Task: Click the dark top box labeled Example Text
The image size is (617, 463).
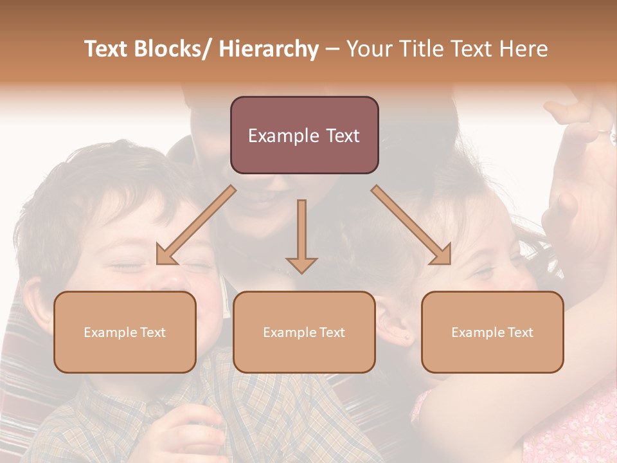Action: coord(304,135)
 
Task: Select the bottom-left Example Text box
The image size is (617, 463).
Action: coord(125,332)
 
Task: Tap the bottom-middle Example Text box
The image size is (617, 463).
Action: coord(304,332)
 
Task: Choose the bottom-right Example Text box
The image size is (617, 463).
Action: coord(492,332)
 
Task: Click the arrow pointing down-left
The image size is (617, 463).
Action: coord(196,225)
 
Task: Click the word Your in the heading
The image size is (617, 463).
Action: coord(369,49)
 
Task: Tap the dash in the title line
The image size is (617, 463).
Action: coord(332,49)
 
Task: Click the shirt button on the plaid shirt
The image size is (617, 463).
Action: coord(155,408)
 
